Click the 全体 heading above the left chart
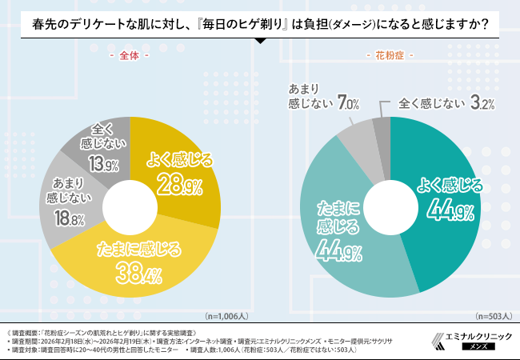[x=129, y=57]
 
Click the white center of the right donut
[x=390, y=207]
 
